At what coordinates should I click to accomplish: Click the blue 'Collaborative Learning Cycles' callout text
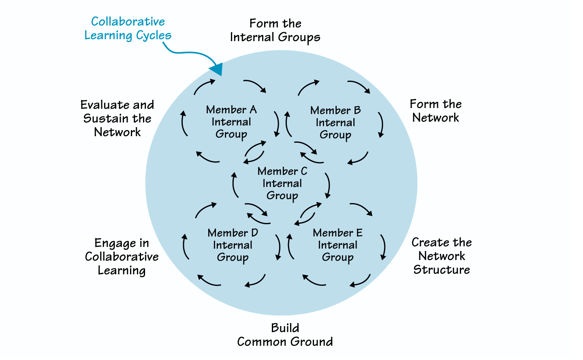click(128, 28)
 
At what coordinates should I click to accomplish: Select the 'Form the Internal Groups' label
click(275, 30)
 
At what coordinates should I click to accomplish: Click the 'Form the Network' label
click(436, 111)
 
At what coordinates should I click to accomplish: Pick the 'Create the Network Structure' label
click(442, 256)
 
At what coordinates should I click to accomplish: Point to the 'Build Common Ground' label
click(285, 335)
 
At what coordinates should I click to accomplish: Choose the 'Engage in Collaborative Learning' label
click(122, 257)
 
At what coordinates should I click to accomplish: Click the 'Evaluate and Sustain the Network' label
click(117, 118)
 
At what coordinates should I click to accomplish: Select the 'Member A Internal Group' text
click(231, 122)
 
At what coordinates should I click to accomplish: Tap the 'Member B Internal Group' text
click(335, 123)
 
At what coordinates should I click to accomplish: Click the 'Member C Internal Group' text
click(282, 184)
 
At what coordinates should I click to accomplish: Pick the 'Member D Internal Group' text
click(233, 245)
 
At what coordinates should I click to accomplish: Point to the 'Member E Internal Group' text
click(337, 245)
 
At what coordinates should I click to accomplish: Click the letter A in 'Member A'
click(253, 110)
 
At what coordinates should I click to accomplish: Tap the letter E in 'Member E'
click(359, 233)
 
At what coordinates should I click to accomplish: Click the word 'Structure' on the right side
click(442, 270)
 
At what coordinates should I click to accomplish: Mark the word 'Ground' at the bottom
click(311, 342)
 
